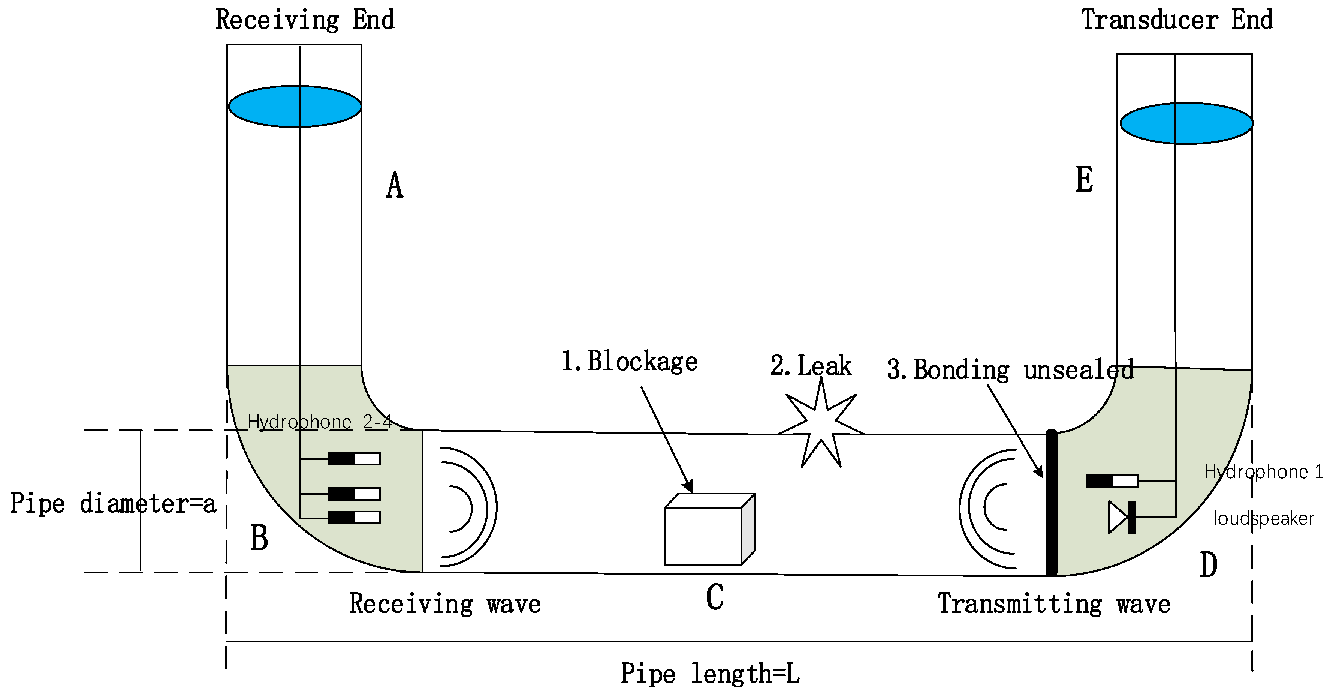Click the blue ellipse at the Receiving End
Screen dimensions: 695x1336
(295, 107)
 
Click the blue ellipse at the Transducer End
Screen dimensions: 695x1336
(1186, 123)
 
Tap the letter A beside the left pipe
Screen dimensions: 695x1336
(395, 185)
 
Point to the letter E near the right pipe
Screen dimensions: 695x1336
(1084, 180)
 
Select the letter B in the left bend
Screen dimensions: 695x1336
(259, 538)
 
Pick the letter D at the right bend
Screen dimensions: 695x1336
(1209, 565)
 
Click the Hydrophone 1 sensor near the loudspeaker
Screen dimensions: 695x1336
(1112, 481)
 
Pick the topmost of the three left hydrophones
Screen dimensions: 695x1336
(354, 458)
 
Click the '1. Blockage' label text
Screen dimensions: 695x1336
(630, 361)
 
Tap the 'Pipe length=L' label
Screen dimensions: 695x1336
(710, 674)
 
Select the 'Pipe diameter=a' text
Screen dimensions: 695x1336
(113, 503)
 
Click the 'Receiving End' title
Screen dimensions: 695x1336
(305, 20)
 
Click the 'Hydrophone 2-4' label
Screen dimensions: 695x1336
(319, 422)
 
